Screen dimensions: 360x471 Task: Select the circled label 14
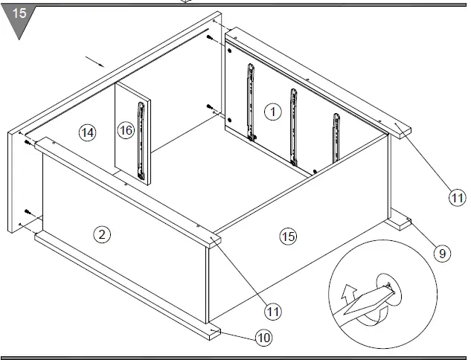[x=87, y=132]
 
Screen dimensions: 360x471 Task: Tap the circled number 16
[x=126, y=131]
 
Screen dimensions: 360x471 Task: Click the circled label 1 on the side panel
[x=272, y=112]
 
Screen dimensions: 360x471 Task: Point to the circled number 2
[x=102, y=234]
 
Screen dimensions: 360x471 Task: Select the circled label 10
[x=263, y=338]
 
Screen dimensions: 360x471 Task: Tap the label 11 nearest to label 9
[x=455, y=197]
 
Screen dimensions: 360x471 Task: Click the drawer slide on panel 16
[x=140, y=141]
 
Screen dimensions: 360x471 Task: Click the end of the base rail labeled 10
[x=213, y=330]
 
